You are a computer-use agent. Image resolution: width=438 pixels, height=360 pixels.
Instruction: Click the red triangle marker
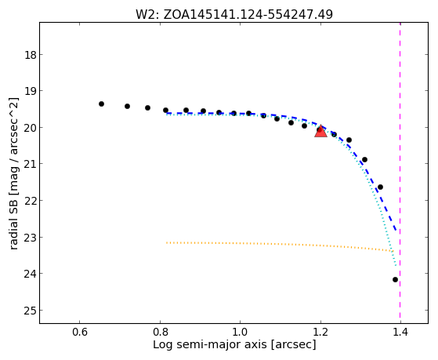(320, 131)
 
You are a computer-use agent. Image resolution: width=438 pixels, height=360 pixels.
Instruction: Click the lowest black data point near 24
(395, 279)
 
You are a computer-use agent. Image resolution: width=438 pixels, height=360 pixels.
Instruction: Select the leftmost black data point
(101, 104)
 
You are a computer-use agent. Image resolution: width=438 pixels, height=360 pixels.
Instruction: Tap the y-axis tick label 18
(30, 55)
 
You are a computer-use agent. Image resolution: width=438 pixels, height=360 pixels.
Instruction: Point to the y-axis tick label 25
(30, 311)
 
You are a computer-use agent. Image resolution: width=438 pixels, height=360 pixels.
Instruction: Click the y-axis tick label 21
(30, 164)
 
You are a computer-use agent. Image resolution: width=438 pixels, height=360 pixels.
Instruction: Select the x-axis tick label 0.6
(80, 332)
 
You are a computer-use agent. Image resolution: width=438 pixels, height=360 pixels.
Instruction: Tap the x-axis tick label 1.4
(400, 332)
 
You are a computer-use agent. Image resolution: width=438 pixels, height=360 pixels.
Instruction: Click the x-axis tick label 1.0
(241, 332)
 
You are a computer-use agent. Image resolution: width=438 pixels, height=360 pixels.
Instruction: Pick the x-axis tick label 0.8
(160, 332)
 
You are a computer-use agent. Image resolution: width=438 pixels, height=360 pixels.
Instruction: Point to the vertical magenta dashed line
(400, 173)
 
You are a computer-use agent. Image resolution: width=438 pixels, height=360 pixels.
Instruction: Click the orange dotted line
(280, 244)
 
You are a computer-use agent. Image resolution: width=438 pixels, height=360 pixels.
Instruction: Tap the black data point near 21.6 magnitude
(380, 187)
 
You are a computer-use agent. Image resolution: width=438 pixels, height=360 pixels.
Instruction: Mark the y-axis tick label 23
(30, 237)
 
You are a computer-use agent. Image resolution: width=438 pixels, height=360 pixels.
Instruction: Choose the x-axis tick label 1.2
(320, 332)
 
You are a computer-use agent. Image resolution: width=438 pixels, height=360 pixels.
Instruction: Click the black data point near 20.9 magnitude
(364, 159)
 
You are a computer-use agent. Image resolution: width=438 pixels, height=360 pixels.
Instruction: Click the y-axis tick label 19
(30, 91)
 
